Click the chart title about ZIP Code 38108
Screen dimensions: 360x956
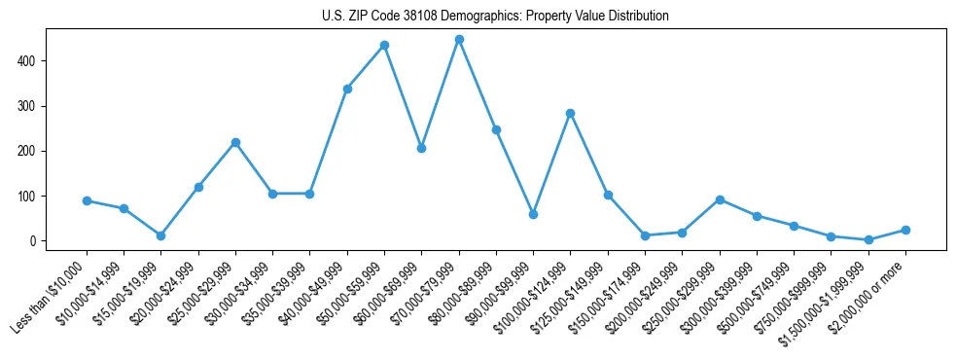495,17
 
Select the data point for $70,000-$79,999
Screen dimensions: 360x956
459,39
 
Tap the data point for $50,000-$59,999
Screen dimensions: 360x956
384,45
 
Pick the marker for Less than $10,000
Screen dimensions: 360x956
87,200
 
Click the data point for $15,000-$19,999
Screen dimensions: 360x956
160,235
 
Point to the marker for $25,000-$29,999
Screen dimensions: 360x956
235,142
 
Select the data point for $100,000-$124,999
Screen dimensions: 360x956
570,113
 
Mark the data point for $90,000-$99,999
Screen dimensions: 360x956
533,214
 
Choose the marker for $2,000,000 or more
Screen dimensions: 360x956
905,230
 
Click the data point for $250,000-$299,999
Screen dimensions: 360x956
719,199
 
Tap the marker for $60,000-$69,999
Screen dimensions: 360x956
421,148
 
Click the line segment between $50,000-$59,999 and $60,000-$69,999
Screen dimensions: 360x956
403,96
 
